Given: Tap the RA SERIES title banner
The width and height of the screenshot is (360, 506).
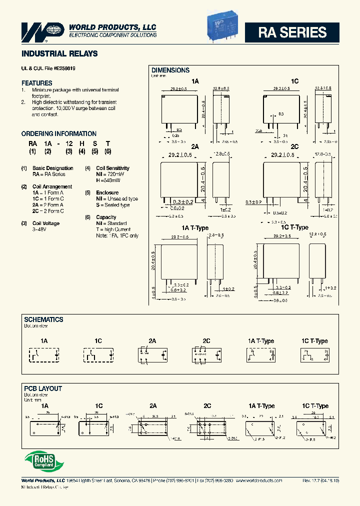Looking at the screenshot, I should [x=292, y=32].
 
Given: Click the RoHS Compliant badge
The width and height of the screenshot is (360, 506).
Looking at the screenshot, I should [x=40, y=460].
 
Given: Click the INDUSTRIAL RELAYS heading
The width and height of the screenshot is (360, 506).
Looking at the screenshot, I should [x=59, y=53].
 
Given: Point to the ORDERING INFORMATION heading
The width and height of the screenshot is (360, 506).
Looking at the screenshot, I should [x=59, y=134].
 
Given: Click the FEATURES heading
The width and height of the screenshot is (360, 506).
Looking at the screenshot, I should [x=36, y=83].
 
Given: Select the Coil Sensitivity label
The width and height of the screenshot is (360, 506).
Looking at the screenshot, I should [x=112, y=168].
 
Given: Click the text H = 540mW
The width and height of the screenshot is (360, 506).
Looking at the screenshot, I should [x=108, y=180].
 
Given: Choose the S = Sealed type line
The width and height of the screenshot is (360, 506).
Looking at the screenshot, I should [x=113, y=205].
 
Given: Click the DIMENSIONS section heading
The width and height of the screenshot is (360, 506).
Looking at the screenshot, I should [x=170, y=70].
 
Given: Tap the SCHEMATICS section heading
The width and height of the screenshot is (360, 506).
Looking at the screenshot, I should [x=44, y=319].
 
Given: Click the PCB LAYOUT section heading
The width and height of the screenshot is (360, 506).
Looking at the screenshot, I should [x=43, y=388].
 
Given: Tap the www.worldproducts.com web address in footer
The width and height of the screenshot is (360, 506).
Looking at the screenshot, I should [x=258, y=480].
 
